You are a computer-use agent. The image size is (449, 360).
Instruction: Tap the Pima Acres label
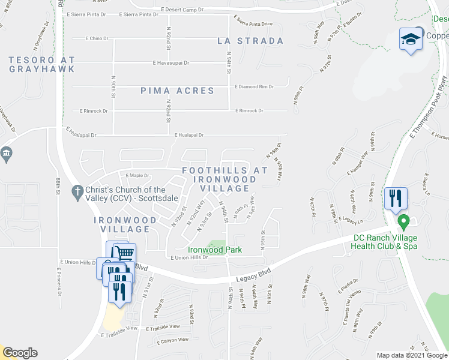[x=177, y=91]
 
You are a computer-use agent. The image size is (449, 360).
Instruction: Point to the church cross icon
[x=76, y=191]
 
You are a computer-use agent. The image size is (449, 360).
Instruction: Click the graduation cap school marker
[x=411, y=40]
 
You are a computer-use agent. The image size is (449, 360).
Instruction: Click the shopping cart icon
[x=123, y=254]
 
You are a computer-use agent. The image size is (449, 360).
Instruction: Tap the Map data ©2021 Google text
[x=411, y=355]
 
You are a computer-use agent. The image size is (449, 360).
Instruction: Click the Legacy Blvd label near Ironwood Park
[x=253, y=272]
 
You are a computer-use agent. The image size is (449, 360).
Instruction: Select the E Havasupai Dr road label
[x=171, y=62]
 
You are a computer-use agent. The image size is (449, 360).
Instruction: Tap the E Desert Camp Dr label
[x=182, y=10]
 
